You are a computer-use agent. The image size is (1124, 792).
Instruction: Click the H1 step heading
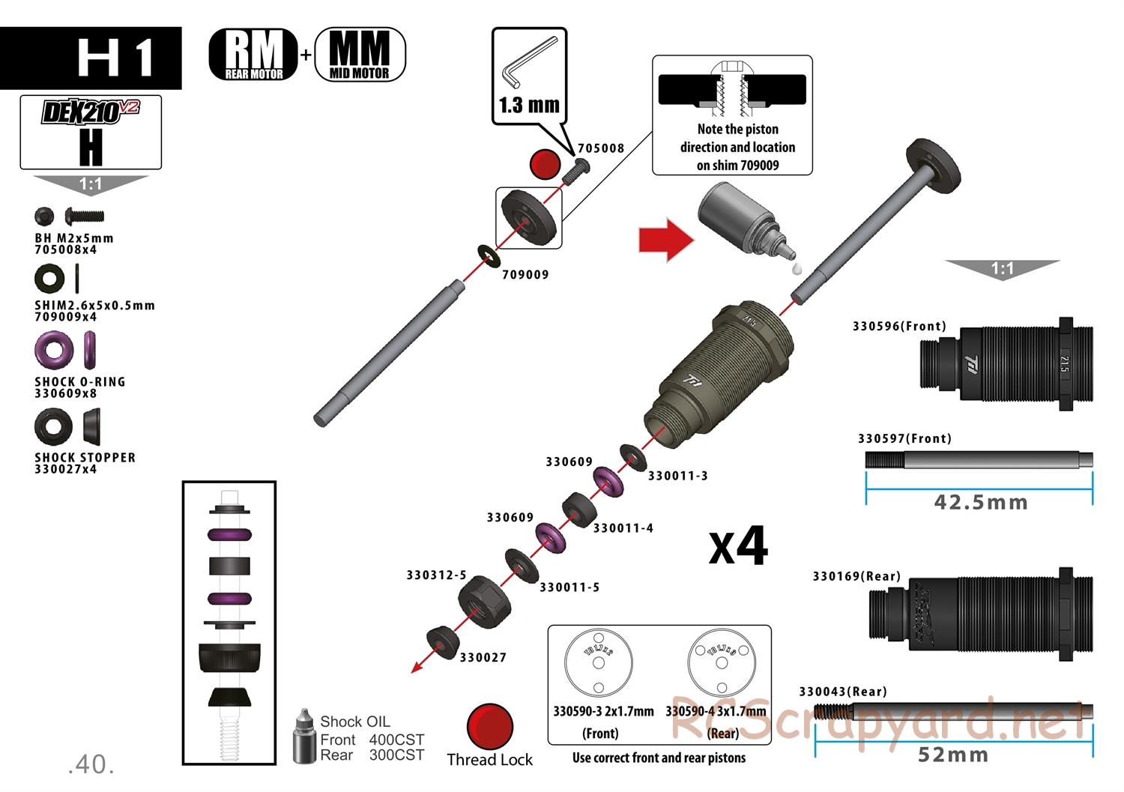[116, 58]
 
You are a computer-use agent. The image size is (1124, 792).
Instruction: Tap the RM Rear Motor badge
[253, 54]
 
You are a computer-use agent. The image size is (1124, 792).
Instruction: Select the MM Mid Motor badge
[360, 54]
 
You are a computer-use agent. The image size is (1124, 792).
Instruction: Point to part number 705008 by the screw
[600, 148]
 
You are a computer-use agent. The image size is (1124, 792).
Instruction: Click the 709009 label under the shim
[525, 275]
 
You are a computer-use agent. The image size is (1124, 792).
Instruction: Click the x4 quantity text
[738, 547]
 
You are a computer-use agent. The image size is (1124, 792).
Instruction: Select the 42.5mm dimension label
[981, 501]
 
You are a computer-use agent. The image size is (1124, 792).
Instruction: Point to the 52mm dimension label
[953, 755]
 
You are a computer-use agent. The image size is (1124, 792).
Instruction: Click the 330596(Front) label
[899, 326]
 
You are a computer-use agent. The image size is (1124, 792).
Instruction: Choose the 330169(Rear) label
[856, 576]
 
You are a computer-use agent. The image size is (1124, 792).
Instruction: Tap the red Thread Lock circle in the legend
[489, 727]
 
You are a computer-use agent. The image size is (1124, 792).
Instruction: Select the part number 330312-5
[436, 575]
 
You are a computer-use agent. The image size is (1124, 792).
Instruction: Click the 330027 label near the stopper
[483, 658]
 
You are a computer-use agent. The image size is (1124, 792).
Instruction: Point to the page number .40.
[91, 765]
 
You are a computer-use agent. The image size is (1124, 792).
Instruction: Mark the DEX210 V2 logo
[91, 112]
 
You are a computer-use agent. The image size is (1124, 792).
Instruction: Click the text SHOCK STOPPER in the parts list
[85, 457]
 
